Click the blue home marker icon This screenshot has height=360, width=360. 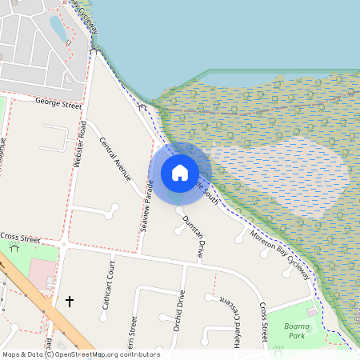tap(180, 172)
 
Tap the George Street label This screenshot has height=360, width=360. tap(59, 102)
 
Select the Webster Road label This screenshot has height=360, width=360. tap(80, 145)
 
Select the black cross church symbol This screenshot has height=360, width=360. tap(70, 302)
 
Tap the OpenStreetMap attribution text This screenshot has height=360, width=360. tap(81, 354)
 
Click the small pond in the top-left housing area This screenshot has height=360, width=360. tap(58, 28)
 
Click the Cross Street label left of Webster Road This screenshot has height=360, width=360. tap(20, 237)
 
